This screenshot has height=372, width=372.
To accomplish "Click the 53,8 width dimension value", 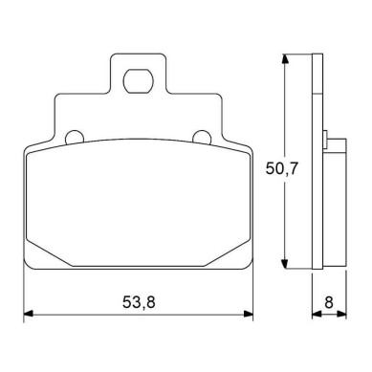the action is [x=139, y=302].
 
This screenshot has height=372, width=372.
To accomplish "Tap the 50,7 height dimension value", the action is [x=281, y=168].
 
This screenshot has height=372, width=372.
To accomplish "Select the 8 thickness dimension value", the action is [x=329, y=302].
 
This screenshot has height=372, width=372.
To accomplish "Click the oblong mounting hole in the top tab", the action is [x=138, y=81].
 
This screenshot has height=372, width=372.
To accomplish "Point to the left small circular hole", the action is [x=74, y=137].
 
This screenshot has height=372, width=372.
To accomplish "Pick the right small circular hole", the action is [x=202, y=137].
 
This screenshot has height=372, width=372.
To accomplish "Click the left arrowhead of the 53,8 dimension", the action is [x=29, y=314].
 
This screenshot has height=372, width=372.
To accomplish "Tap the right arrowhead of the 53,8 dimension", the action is [x=249, y=314].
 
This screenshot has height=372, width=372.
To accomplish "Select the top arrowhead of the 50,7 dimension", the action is [x=285, y=58].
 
